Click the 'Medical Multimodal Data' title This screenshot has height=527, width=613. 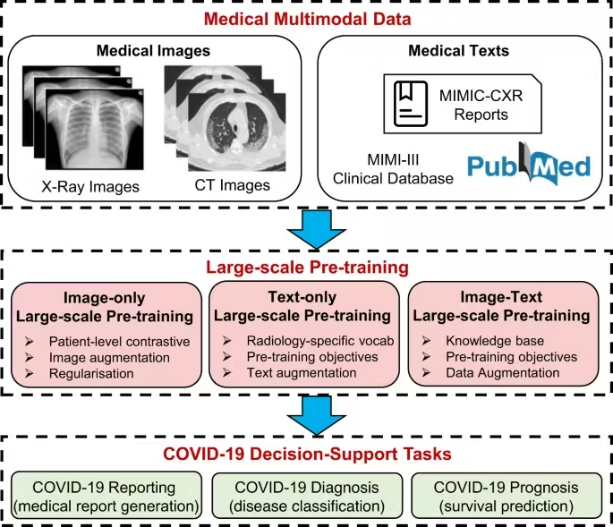click(306, 19)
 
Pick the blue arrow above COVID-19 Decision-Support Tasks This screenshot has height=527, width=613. click(307, 412)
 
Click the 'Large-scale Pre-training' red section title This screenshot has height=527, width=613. click(306, 266)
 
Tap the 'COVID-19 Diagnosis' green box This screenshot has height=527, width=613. click(306, 497)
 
